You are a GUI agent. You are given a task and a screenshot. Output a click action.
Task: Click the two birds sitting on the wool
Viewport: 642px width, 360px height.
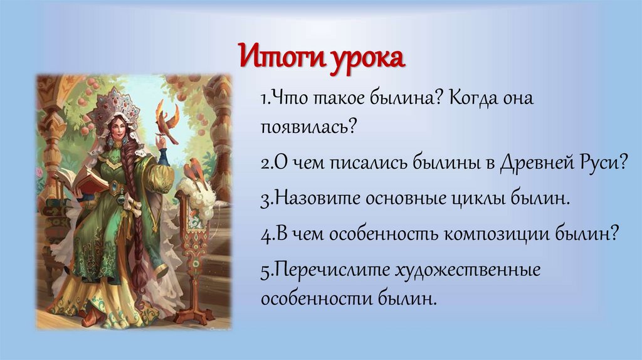point(194,168)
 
